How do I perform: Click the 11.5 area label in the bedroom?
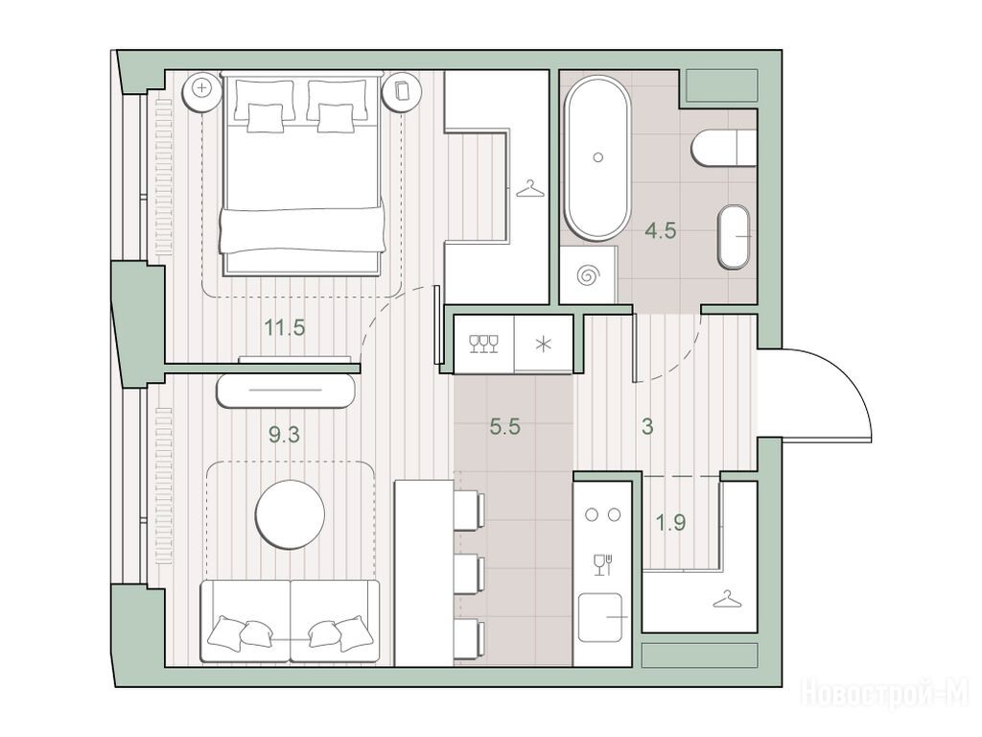coord(284,327)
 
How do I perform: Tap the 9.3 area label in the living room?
coord(284,435)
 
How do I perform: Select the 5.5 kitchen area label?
coord(504,427)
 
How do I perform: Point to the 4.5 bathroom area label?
coord(661,230)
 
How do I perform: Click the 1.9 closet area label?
coord(670,522)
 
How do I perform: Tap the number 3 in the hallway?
coord(647,427)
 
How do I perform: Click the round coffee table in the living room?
coord(290,514)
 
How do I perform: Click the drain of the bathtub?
coord(598,158)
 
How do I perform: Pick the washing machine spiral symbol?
coord(589,274)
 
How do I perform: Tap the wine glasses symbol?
coord(484,344)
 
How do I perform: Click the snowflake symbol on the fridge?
coord(543,345)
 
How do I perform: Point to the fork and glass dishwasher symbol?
coord(602,564)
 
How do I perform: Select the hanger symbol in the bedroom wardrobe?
coord(529,189)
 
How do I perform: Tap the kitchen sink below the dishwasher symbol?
coord(600,618)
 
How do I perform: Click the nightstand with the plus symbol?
coord(201,88)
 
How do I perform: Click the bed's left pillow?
coord(265,102)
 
